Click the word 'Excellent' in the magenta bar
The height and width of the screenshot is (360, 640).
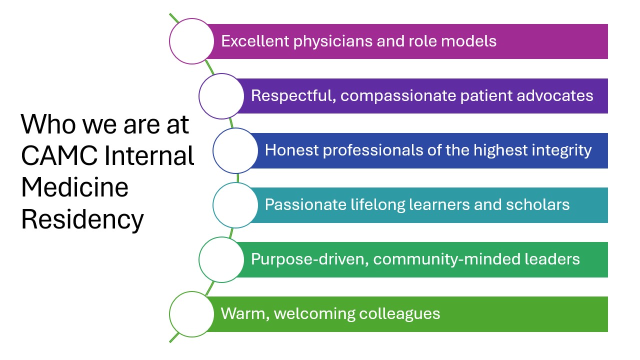(x=255, y=41)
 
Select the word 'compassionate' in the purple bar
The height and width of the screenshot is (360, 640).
(x=398, y=96)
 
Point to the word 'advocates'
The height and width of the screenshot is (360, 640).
(x=555, y=95)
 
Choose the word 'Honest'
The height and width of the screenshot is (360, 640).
(x=291, y=150)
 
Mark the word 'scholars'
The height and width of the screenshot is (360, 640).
(x=537, y=204)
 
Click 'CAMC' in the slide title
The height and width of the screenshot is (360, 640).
(x=59, y=155)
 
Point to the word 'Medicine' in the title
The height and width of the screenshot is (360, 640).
(x=75, y=187)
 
